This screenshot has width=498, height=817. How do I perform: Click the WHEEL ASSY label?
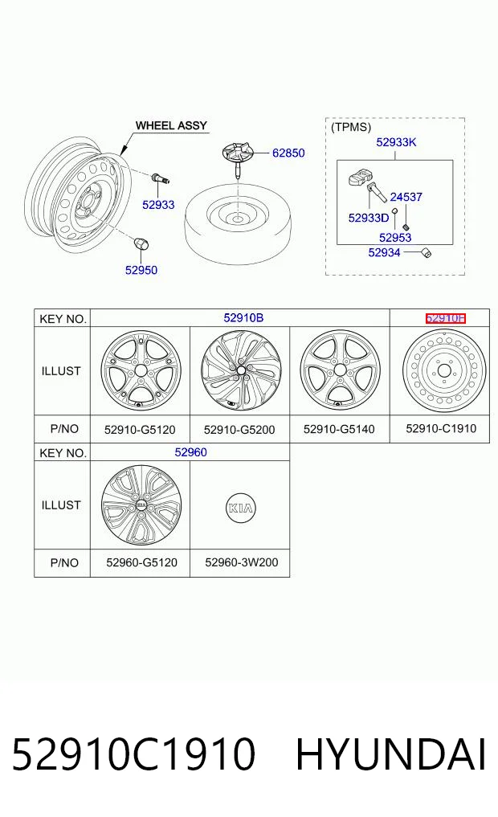click(171, 125)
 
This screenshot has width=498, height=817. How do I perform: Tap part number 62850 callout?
click(288, 153)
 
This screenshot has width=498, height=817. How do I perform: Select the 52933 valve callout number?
click(158, 205)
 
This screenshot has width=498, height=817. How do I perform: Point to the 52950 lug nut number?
click(141, 270)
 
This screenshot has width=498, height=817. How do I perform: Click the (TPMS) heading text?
click(351, 127)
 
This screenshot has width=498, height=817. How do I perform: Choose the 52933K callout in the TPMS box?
click(396, 142)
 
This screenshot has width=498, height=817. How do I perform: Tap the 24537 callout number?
click(406, 197)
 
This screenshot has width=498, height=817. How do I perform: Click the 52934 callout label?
click(385, 253)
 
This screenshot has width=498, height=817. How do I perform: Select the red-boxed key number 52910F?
click(445, 318)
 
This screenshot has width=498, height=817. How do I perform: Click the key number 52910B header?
click(243, 318)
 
